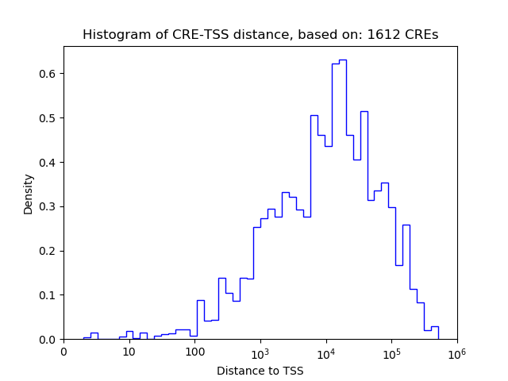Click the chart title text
click(x=260, y=35)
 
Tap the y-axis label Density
click(x=29, y=194)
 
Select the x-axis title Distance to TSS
click(x=260, y=371)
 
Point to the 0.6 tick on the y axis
click(x=48, y=74)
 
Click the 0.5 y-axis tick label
click(x=48, y=118)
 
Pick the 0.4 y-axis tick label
click(x=48, y=163)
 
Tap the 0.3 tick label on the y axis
click(x=48, y=206)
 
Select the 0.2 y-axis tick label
click(x=48, y=251)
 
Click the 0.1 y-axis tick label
click(x=48, y=295)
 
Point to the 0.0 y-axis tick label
click(x=48, y=340)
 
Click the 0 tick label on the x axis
click(x=63, y=352)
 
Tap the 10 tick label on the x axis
click(x=129, y=352)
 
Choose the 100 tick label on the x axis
click(x=194, y=352)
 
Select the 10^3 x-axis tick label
click(x=260, y=352)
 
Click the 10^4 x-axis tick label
click(x=325, y=352)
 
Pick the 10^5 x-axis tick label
click(x=391, y=352)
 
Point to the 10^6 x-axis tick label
click(x=456, y=352)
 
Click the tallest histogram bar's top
click(x=342, y=60)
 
